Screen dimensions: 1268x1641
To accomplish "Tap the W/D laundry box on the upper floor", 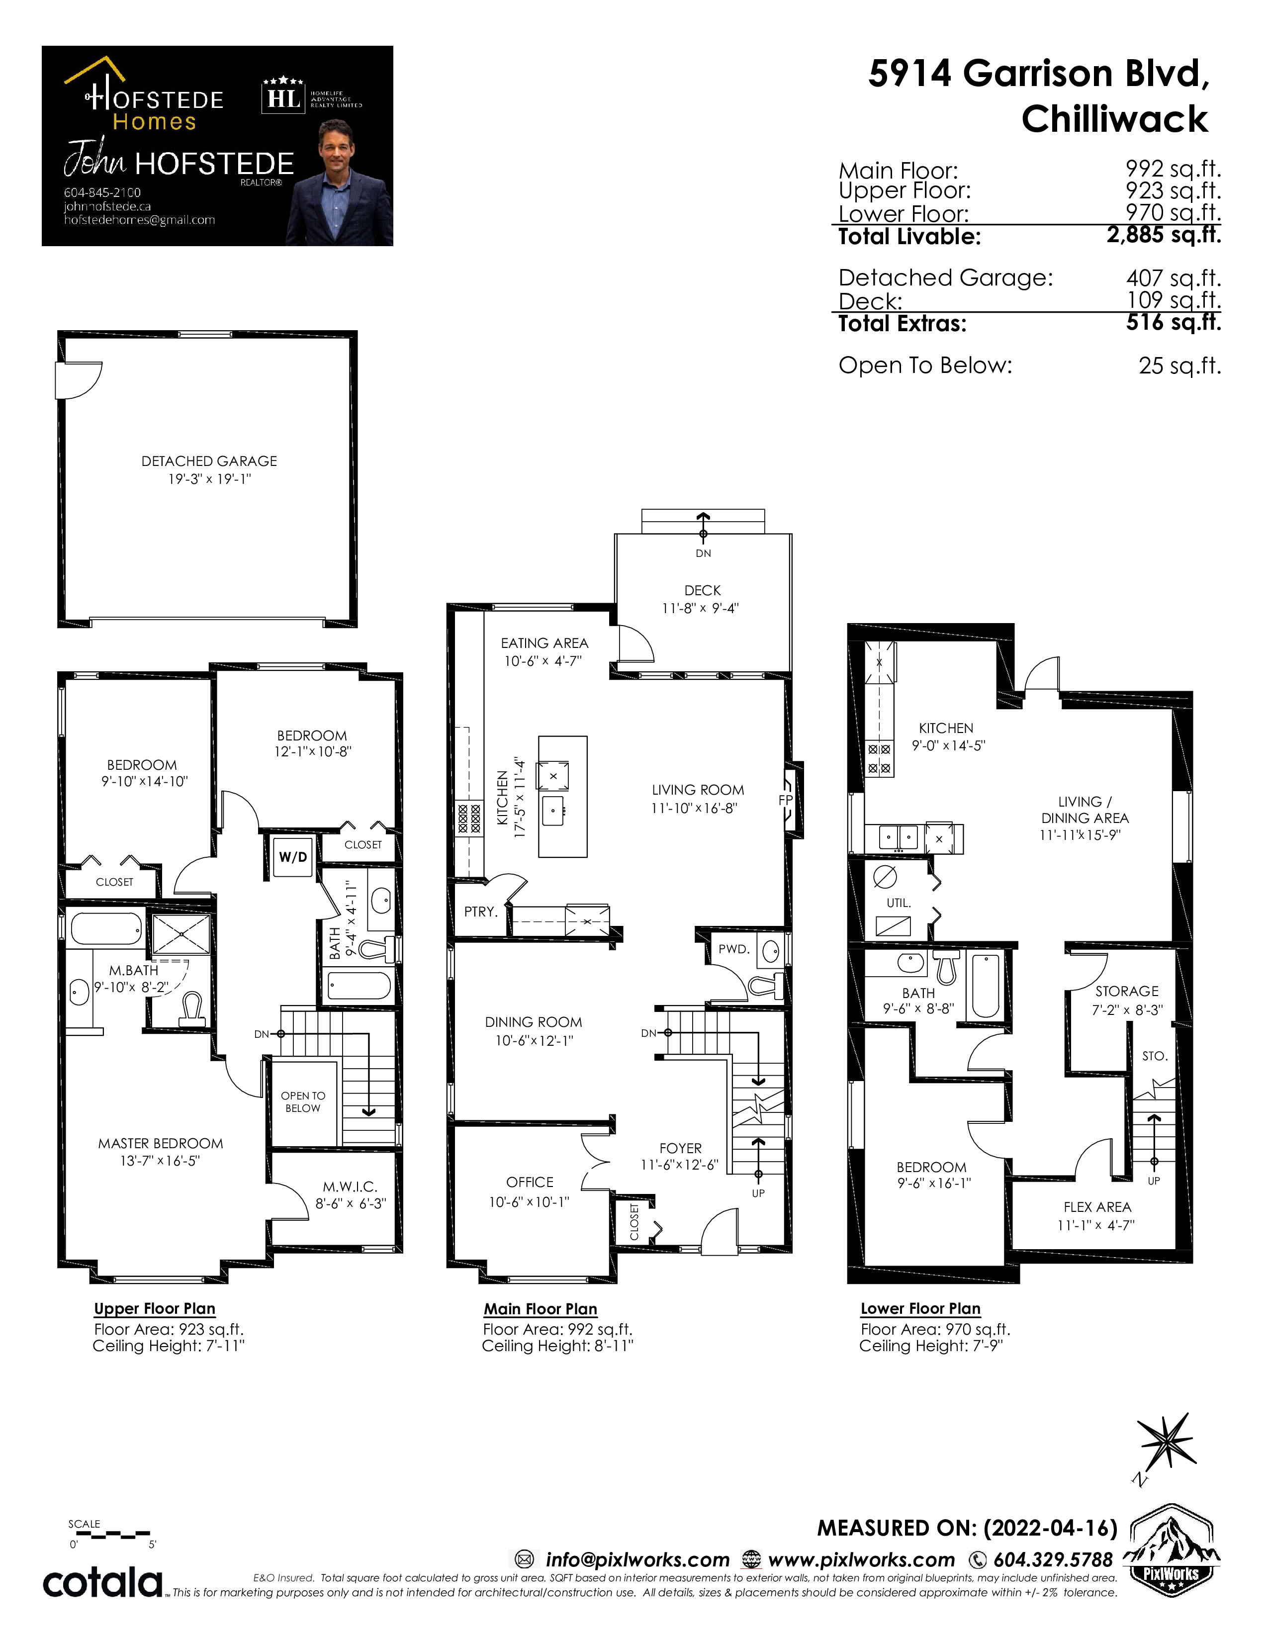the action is pyautogui.click(x=292, y=857).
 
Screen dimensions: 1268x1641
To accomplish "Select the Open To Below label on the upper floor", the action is pyautogui.click(x=303, y=1101).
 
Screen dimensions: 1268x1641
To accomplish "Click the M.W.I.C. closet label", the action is pyautogui.click(x=350, y=1186).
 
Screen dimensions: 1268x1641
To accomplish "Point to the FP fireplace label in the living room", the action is pyautogui.click(x=786, y=800).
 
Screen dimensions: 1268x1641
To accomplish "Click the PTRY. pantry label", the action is pyautogui.click(x=481, y=912).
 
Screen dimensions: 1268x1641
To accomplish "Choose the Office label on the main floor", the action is pyautogui.click(x=530, y=1182).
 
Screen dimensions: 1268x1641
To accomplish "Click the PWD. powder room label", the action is pyautogui.click(x=734, y=949).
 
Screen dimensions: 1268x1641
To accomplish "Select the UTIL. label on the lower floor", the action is pyautogui.click(x=899, y=903).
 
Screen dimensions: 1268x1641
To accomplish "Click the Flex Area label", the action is pyautogui.click(x=1097, y=1207).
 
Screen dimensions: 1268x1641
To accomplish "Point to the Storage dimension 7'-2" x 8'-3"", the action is pyautogui.click(x=1127, y=1010).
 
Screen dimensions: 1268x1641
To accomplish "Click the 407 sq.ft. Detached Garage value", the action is pyautogui.click(x=1174, y=278).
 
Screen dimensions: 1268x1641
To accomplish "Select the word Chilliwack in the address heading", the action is pyautogui.click(x=1115, y=119).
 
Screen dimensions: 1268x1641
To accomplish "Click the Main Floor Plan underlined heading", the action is pyautogui.click(x=540, y=1309).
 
